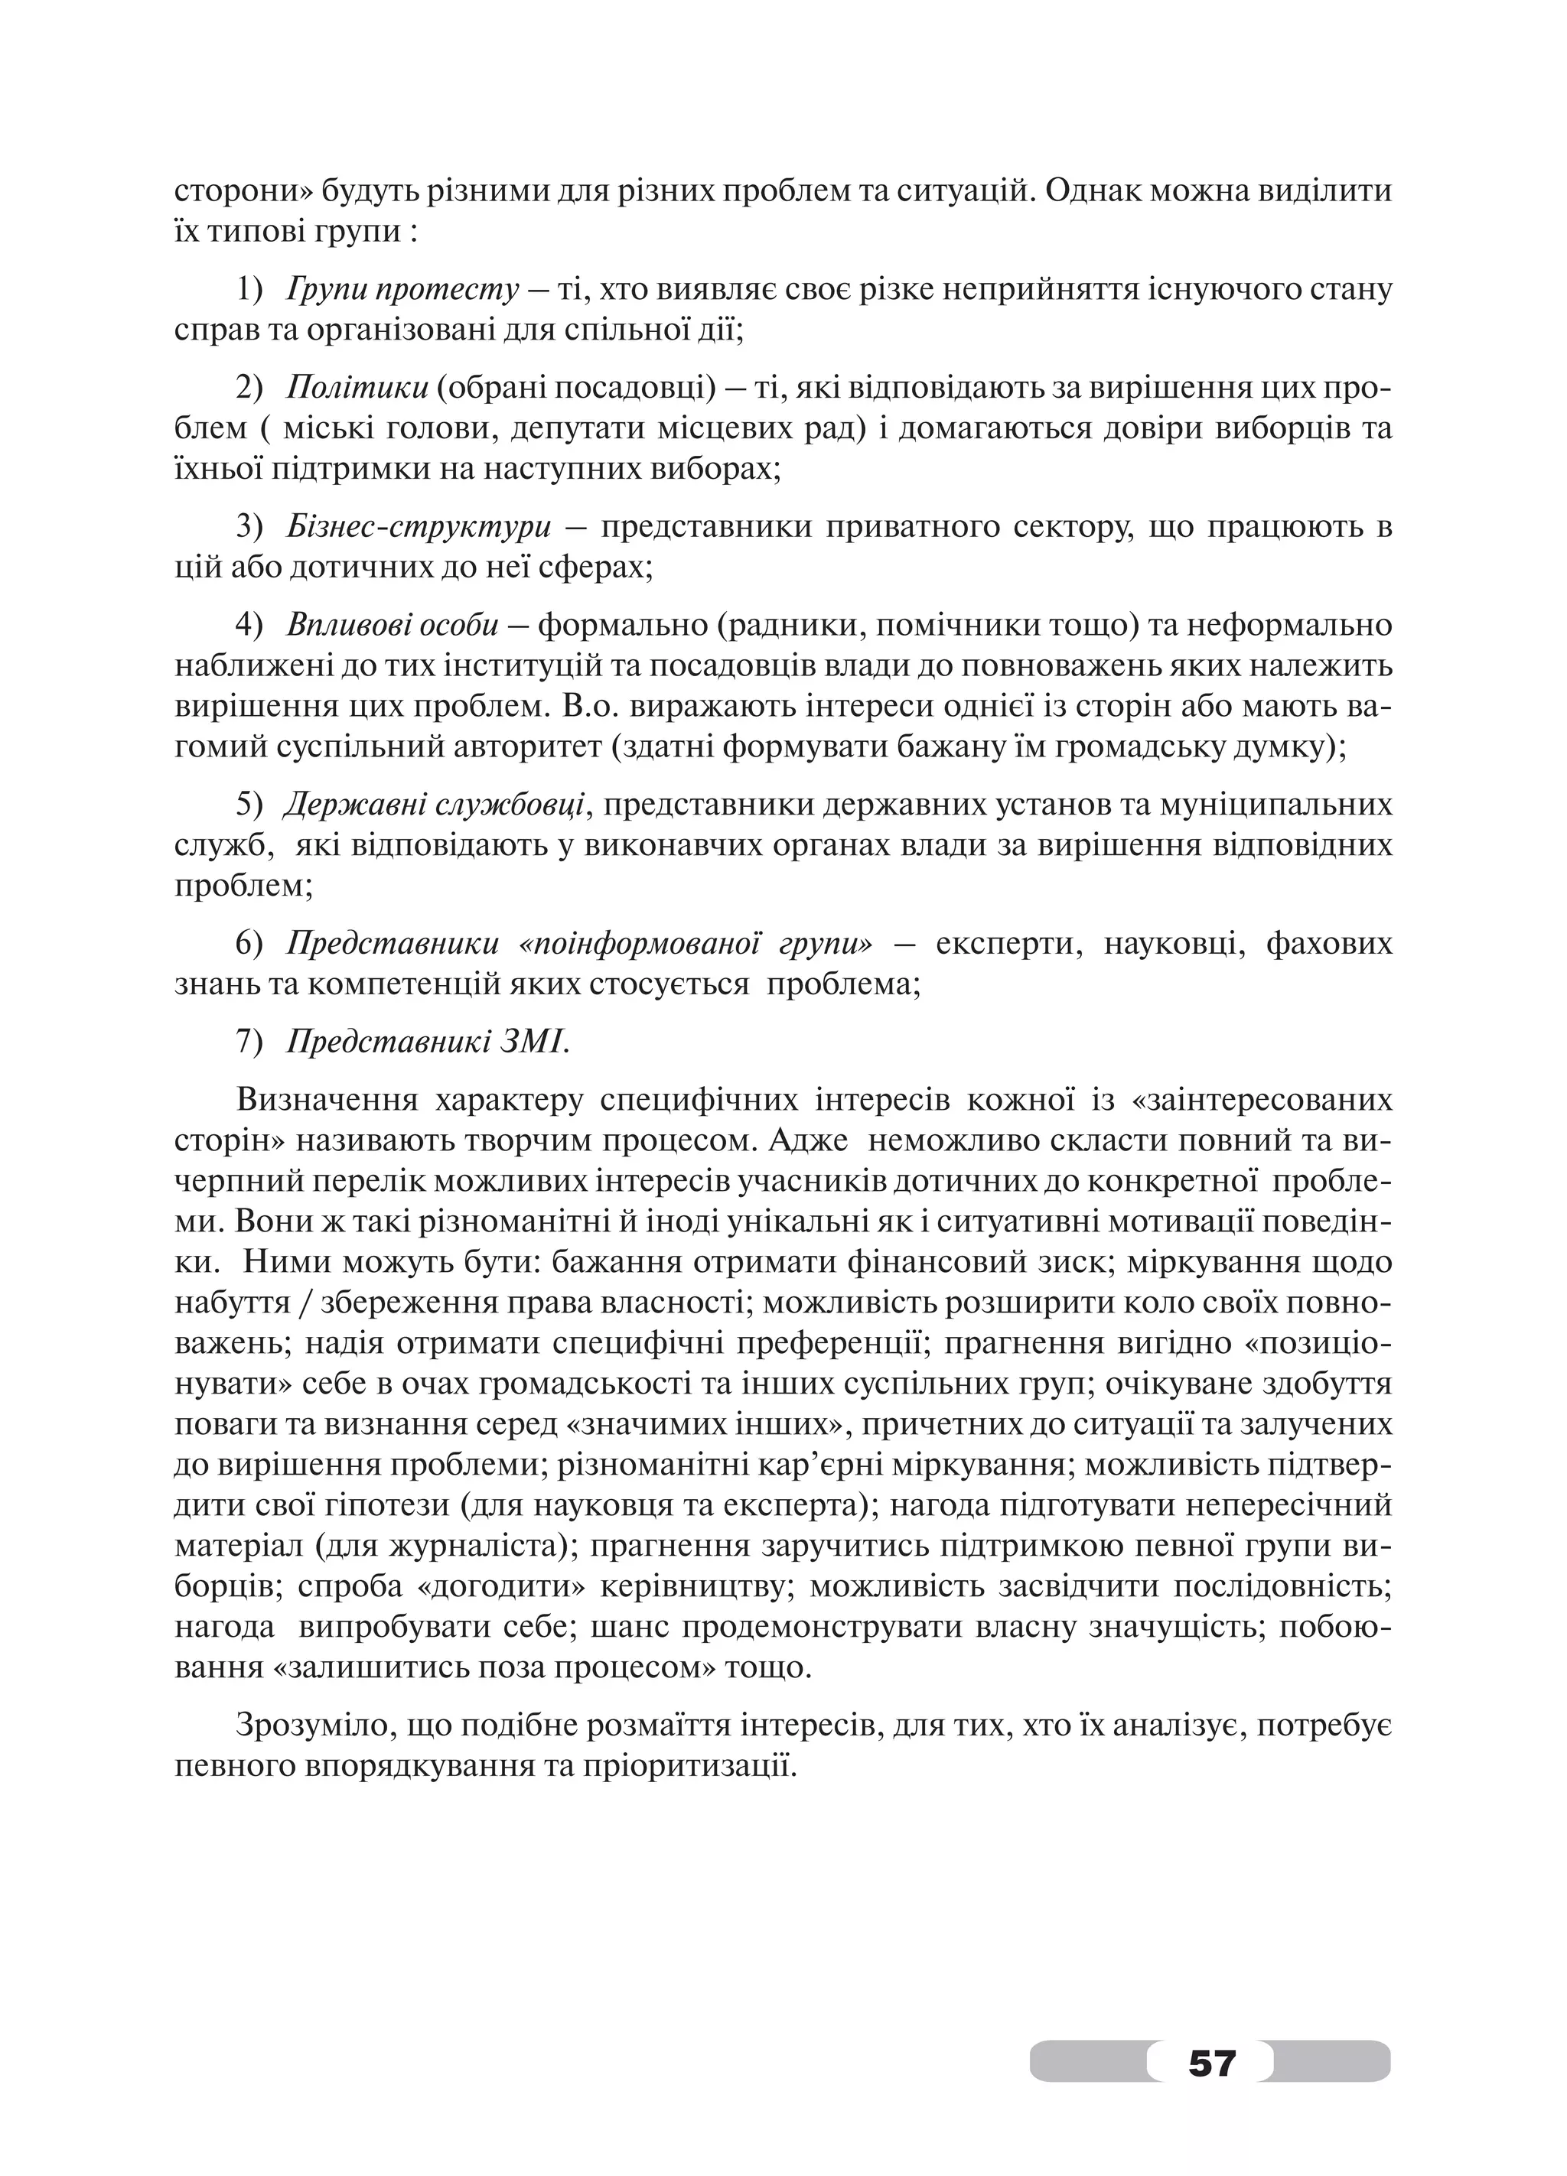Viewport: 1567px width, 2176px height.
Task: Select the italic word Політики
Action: pyautogui.click(x=357, y=388)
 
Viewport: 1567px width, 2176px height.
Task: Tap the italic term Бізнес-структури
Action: pyautogui.click(x=419, y=528)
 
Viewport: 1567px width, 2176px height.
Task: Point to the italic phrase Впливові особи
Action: pyautogui.click(x=392, y=626)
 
